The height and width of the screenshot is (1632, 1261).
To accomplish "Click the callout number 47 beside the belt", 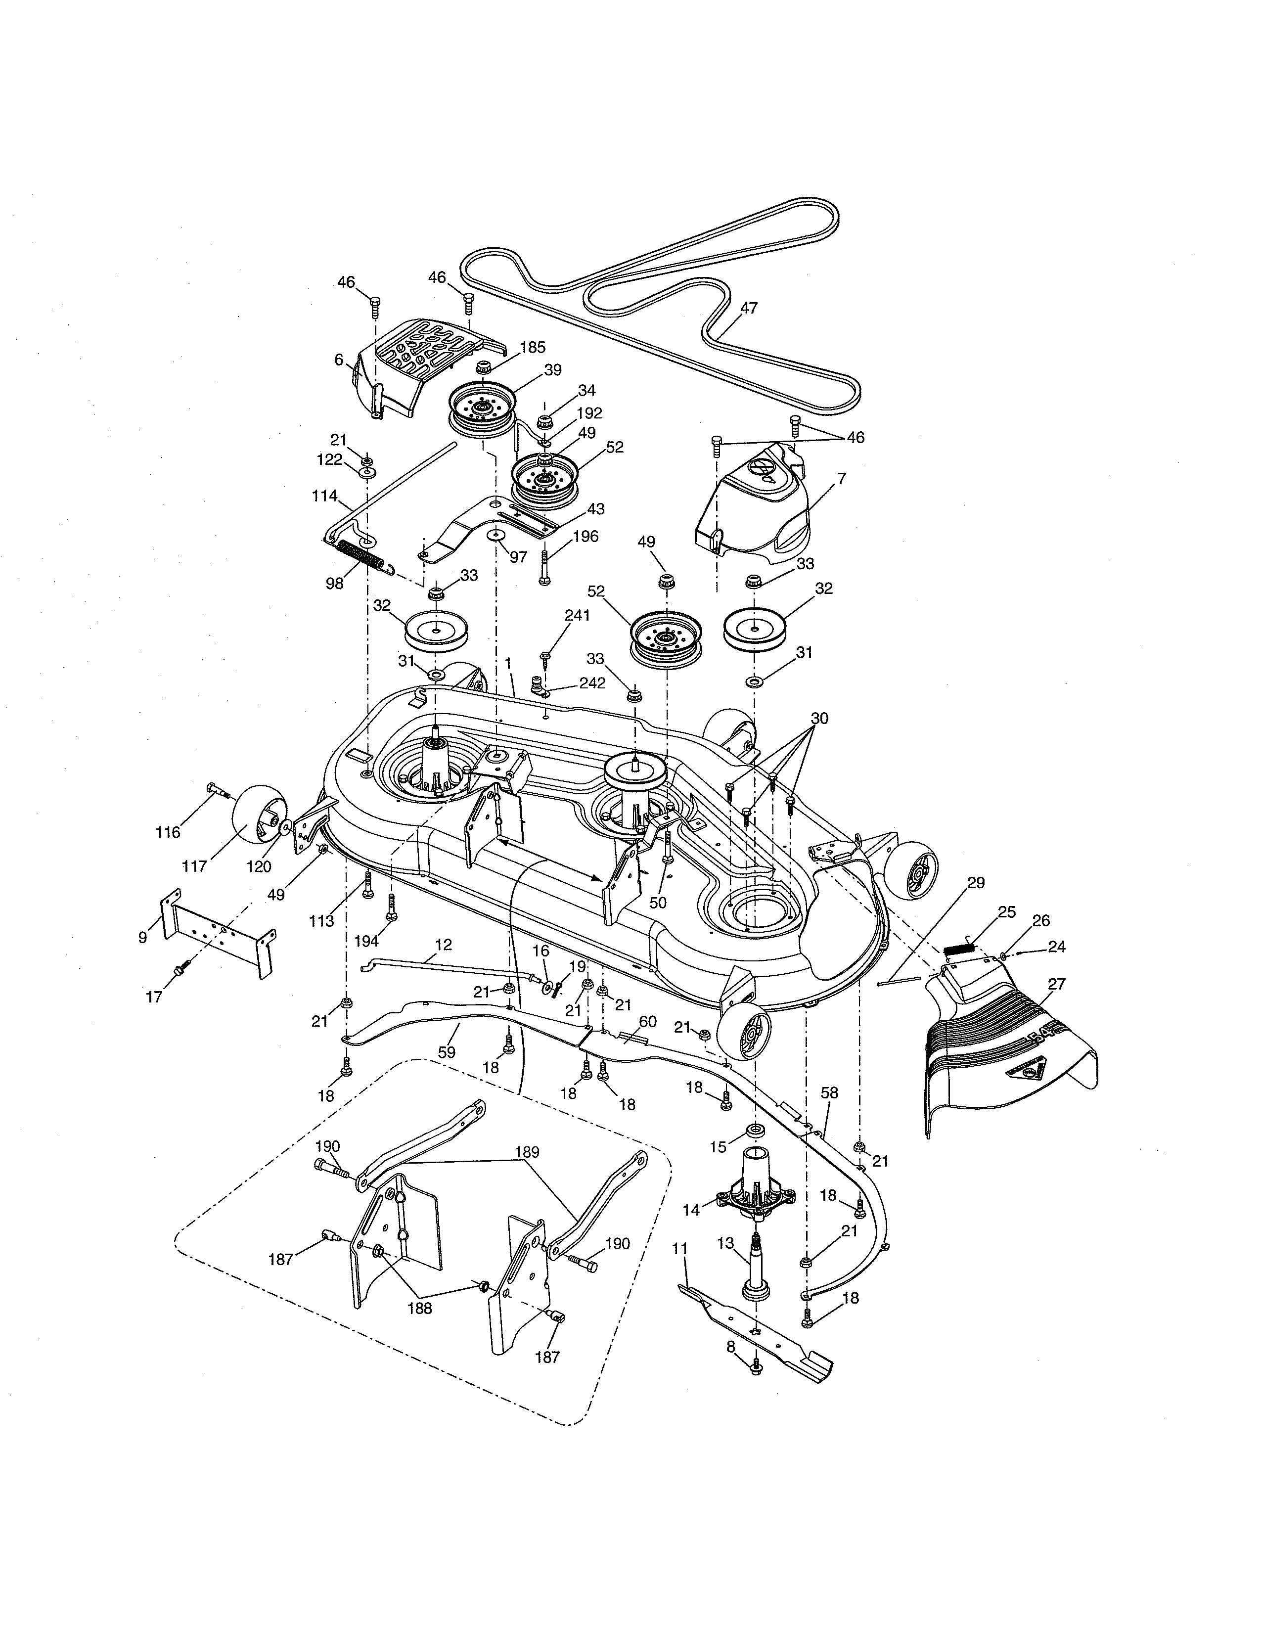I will tap(749, 308).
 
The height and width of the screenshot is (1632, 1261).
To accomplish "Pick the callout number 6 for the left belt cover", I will tap(339, 360).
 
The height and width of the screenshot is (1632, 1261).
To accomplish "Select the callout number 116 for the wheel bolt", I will tap(168, 832).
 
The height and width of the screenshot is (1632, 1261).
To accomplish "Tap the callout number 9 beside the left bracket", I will tap(143, 937).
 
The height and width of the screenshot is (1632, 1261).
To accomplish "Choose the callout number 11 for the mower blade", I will tap(680, 1247).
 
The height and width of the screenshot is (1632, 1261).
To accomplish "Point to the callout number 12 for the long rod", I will tap(443, 945).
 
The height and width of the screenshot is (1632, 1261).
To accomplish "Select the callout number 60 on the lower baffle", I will tap(648, 1022).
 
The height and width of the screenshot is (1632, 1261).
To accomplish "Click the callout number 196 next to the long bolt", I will tap(585, 537).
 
